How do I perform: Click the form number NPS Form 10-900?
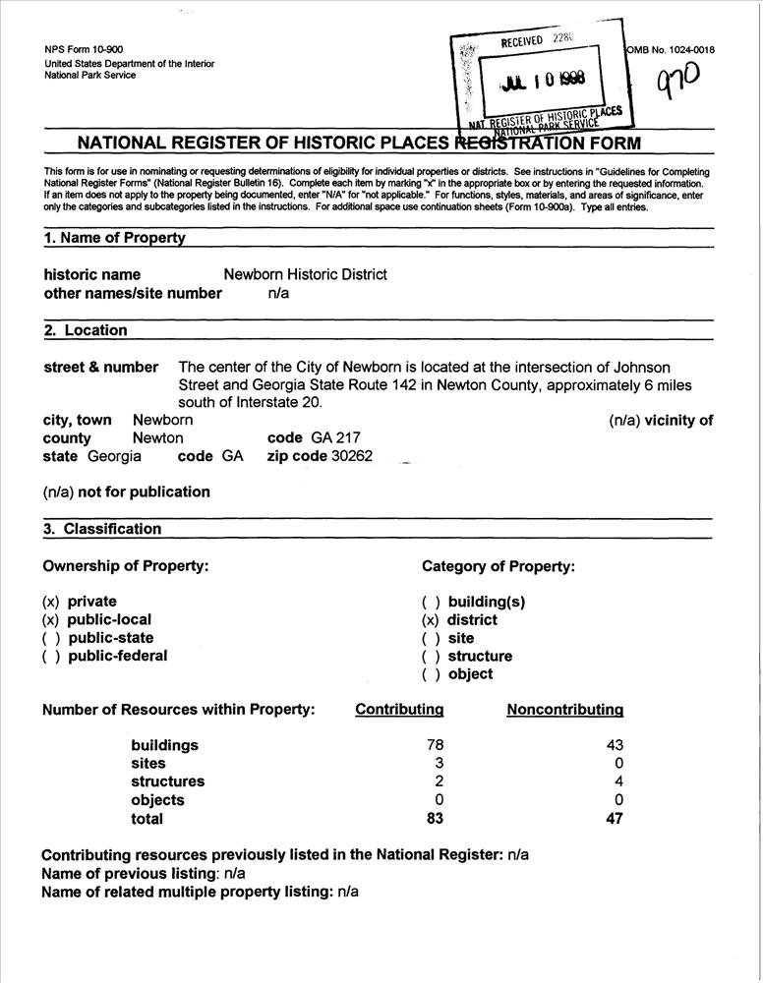pos(85,50)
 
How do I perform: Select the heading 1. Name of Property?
pos(114,238)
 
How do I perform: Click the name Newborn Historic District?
pos(305,274)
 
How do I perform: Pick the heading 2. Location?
pos(86,330)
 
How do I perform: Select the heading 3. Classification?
pos(102,529)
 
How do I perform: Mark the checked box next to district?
pos(430,620)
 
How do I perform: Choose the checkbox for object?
pos(430,674)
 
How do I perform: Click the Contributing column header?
pos(399,710)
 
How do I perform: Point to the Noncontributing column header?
pos(564,710)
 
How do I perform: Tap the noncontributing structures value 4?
pos(618,781)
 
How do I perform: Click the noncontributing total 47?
pos(615,819)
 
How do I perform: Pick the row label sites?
pos(148,764)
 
